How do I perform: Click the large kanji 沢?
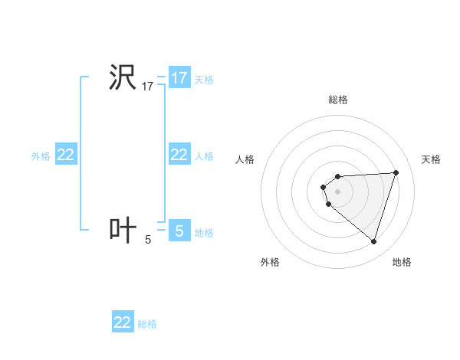pyautogui.click(x=122, y=78)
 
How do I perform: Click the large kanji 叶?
pyautogui.click(x=122, y=230)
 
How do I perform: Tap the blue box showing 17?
pyautogui.click(x=179, y=78)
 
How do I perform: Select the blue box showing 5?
pyautogui.click(x=179, y=231)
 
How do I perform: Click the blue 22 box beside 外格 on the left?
pyautogui.click(x=66, y=155)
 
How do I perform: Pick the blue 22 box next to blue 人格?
pyautogui.click(x=179, y=155)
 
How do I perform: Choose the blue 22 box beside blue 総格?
pyautogui.click(x=123, y=322)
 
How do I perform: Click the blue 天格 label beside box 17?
pyautogui.click(x=204, y=79)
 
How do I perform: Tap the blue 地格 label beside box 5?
pyautogui.click(x=204, y=232)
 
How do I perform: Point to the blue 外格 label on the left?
pyautogui.click(x=41, y=156)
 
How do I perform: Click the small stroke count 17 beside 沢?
pyautogui.click(x=148, y=87)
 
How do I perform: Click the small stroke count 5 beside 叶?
pyautogui.click(x=148, y=240)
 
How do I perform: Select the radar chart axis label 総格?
pyautogui.click(x=338, y=100)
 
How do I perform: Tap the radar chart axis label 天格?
pyautogui.click(x=431, y=159)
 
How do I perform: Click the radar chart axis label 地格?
pyautogui.click(x=402, y=263)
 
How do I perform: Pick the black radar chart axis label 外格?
pyautogui.click(x=270, y=263)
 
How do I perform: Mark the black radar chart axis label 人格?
pyautogui.click(x=245, y=159)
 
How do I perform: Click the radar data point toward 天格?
pyautogui.click(x=396, y=172)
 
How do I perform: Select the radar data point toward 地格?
pyautogui.click(x=373, y=241)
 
